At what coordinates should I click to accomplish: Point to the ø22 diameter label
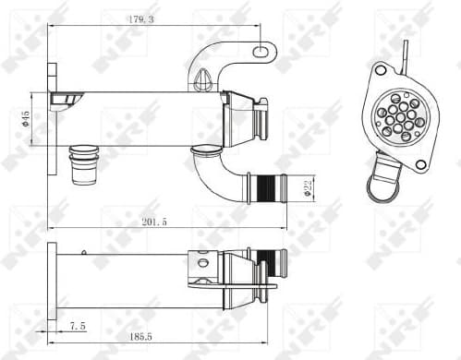pyautogui.click(x=308, y=187)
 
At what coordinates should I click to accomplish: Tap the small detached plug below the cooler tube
pyautogui.click(x=84, y=163)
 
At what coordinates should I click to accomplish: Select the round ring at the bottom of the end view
pyautogui.click(x=381, y=187)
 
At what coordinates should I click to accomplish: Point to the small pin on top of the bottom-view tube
pyautogui.click(x=85, y=251)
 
